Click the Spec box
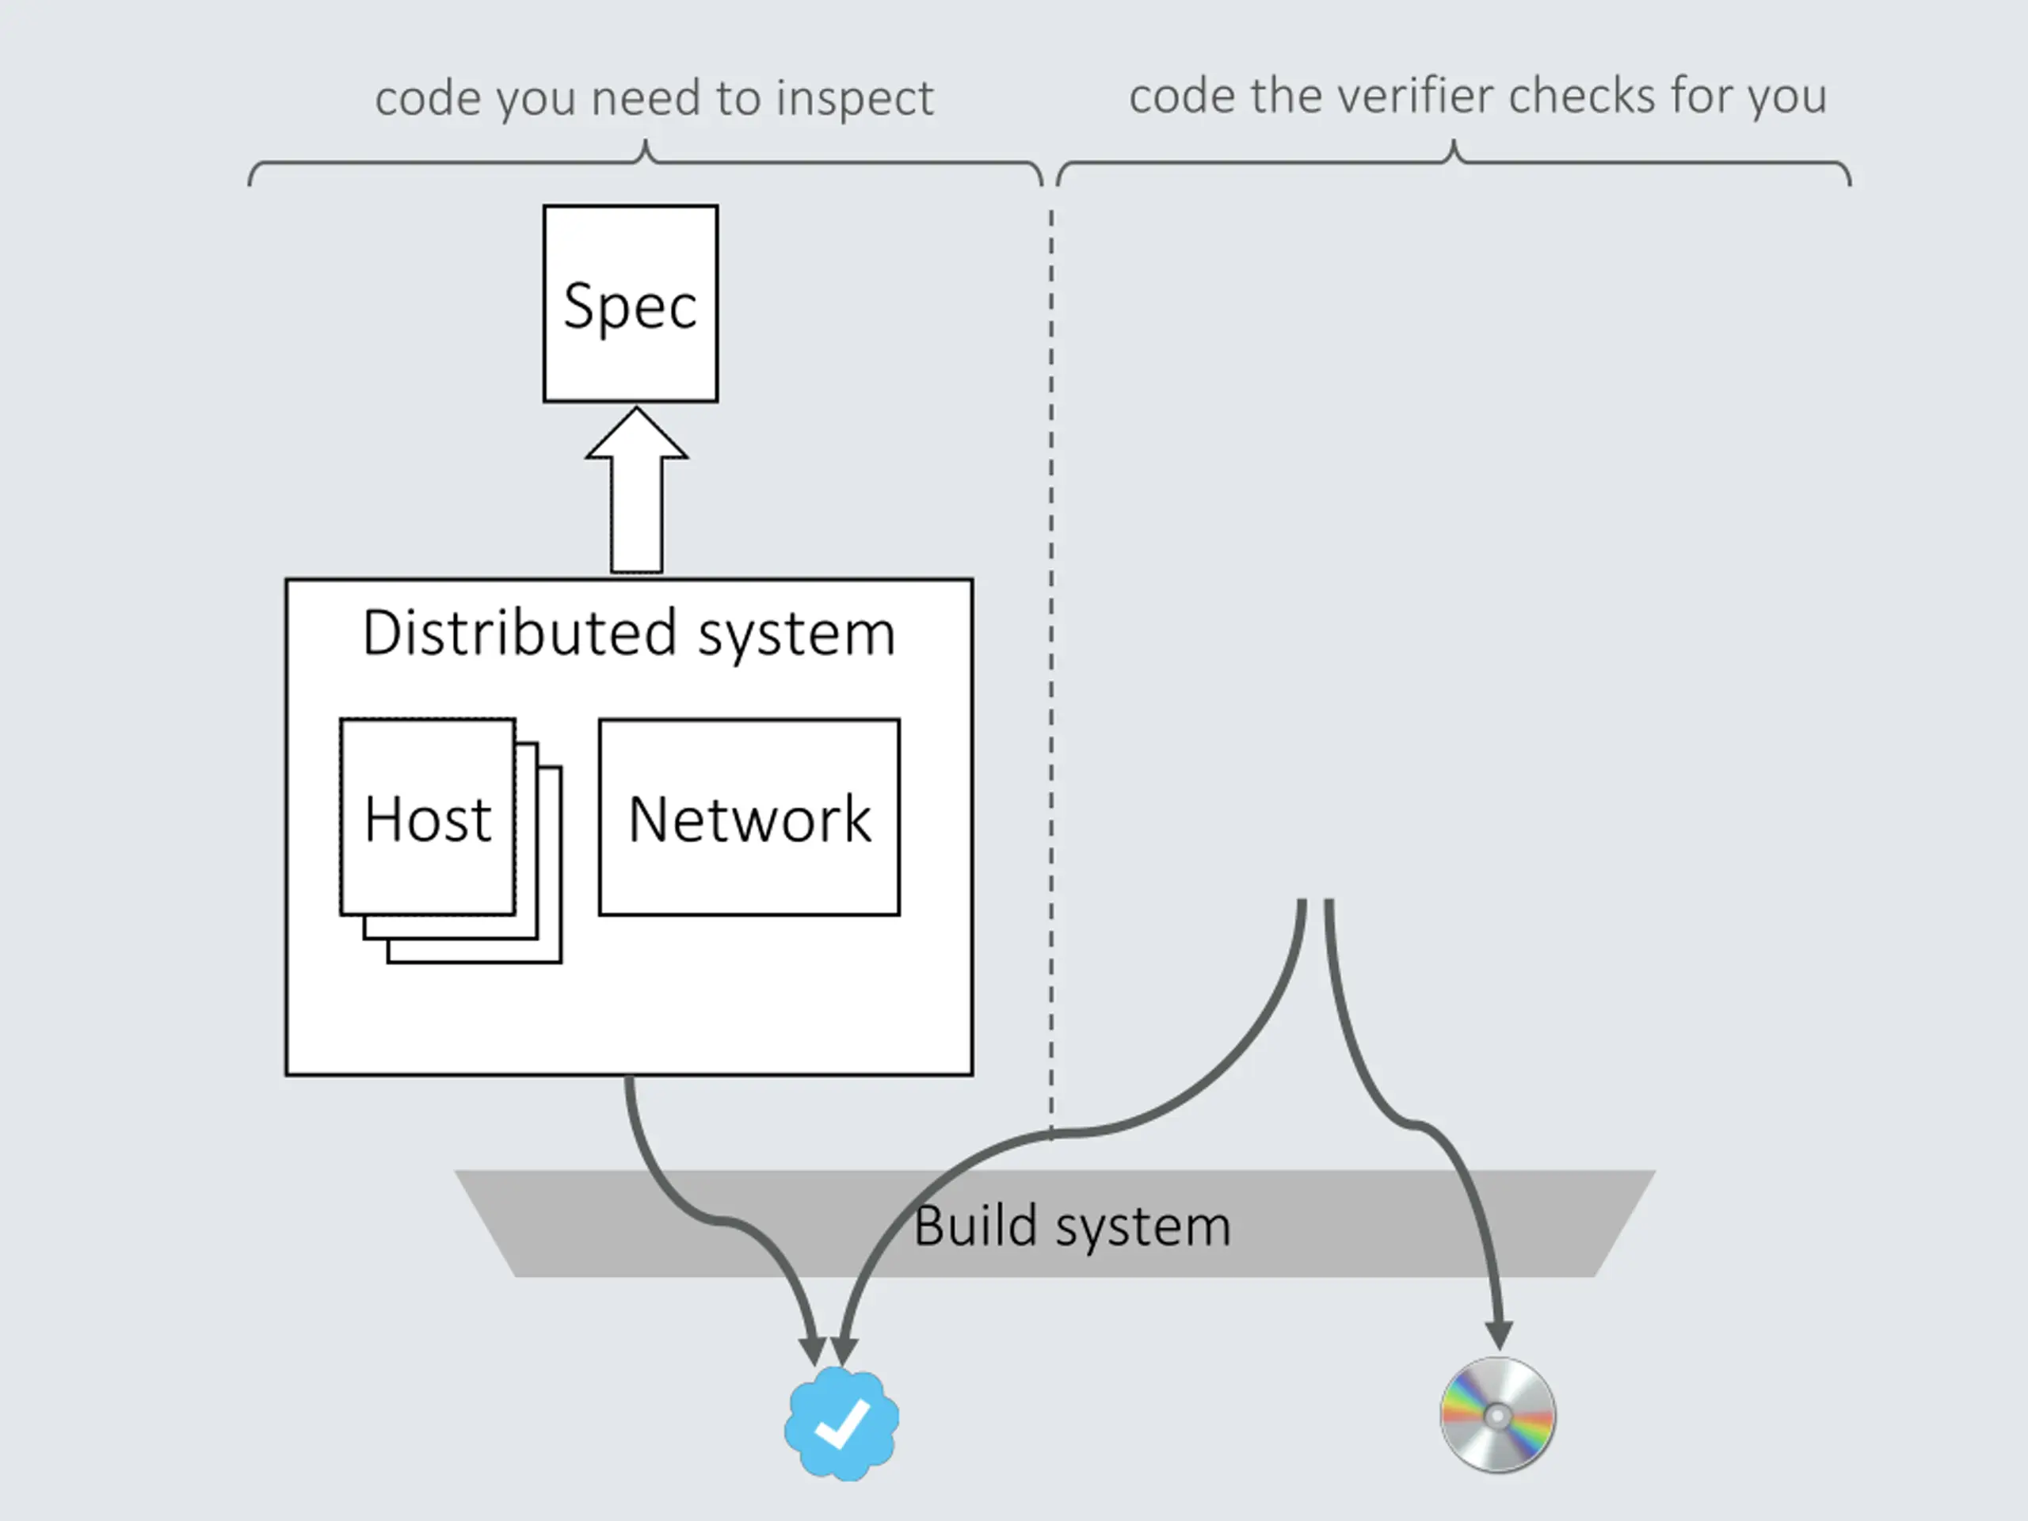pos(630,303)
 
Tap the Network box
pos(749,817)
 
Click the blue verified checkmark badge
pos(841,1423)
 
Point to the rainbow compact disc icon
pos(1497,1416)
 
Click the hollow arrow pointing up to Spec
pos(636,490)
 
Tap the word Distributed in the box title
pos(520,633)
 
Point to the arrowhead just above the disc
pos(1499,1335)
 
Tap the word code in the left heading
pos(428,97)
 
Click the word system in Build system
pos(1143,1229)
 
